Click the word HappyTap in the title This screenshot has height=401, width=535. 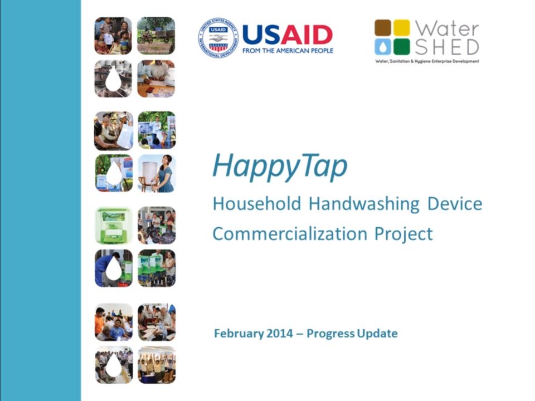(x=280, y=165)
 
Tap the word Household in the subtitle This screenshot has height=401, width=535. (x=256, y=204)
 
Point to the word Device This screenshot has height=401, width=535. (x=455, y=204)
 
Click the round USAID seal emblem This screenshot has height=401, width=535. (x=217, y=38)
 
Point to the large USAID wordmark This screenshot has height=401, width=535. (x=288, y=35)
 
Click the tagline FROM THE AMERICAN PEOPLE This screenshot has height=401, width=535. (x=288, y=51)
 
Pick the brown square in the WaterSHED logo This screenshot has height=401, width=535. (x=383, y=28)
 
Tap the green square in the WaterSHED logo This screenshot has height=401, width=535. (x=401, y=46)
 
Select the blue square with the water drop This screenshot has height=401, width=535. (x=383, y=46)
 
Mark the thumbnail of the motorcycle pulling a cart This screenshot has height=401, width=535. (x=156, y=35)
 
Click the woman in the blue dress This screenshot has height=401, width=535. (x=164, y=174)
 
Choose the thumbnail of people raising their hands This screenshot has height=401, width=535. (x=157, y=365)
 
